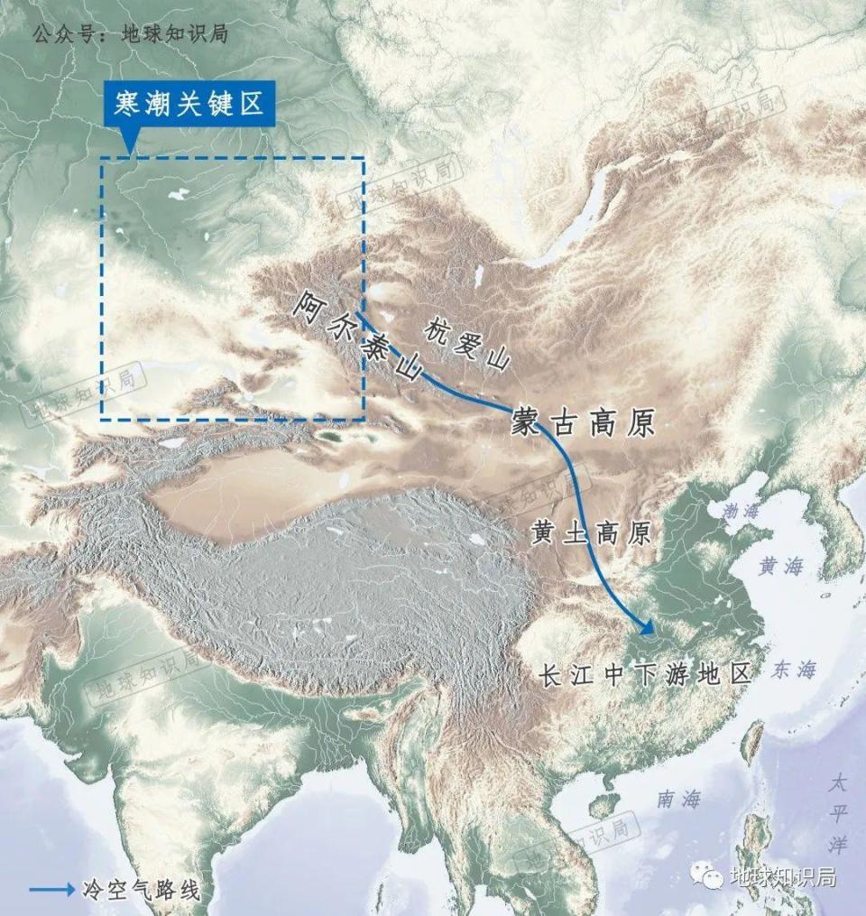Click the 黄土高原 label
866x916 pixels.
coord(590,533)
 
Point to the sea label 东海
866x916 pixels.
coord(794,669)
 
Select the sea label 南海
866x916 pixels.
coord(678,798)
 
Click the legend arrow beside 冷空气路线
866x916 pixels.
coord(52,889)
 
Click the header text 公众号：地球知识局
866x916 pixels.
coord(129,35)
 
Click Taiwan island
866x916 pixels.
coord(751,742)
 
